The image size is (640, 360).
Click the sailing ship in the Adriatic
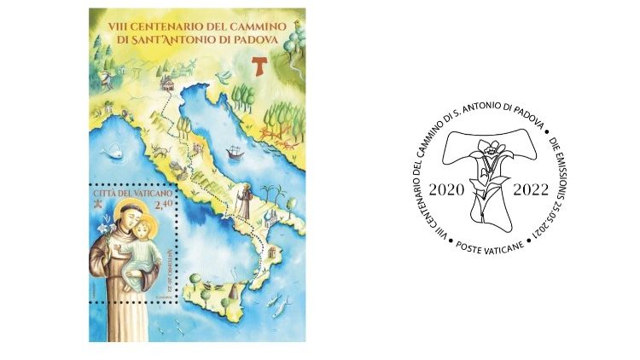232,154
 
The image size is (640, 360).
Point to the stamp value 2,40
163,203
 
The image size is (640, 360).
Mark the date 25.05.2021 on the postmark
556,217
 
